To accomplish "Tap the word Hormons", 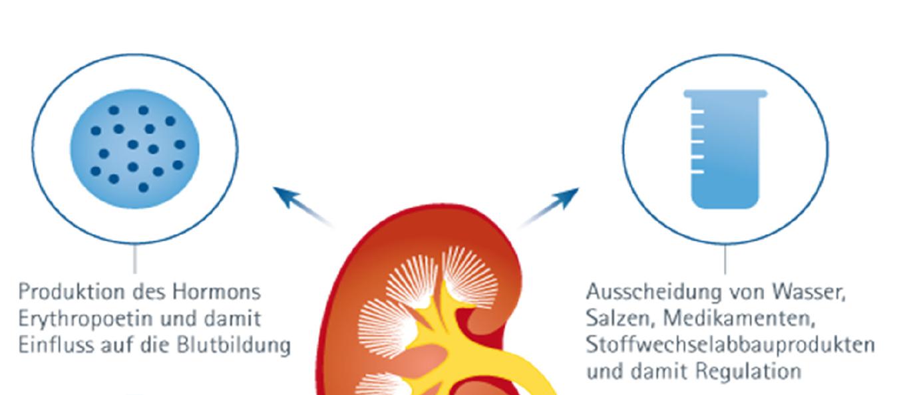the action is click(216, 292).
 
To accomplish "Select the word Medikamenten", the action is click(739, 319).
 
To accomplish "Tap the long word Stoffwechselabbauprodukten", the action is click(731, 345).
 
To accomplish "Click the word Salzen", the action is click(620, 319).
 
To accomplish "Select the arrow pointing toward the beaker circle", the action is click(549, 207).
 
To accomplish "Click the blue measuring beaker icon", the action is click(725, 149).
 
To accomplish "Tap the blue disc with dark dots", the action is click(135, 149).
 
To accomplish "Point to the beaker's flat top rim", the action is click(725, 94).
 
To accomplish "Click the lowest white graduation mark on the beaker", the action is click(698, 172).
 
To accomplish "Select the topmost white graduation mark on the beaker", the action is click(698, 111).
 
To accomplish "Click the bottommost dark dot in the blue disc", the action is click(143, 188).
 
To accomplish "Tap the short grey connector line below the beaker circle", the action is click(725, 259).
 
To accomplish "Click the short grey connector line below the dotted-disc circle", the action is click(135, 259).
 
